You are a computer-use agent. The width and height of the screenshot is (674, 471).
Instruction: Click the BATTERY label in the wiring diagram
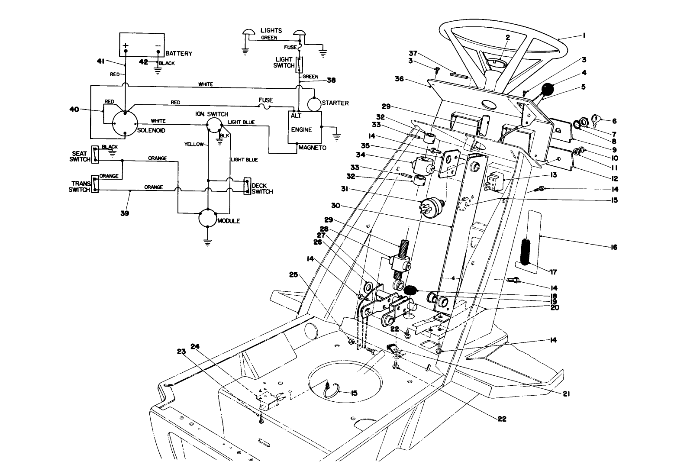click(x=179, y=54)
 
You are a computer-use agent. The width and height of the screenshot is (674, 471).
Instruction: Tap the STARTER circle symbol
click(x=314, y=103)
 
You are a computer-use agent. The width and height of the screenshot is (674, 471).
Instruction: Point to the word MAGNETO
click(x=312, y=148)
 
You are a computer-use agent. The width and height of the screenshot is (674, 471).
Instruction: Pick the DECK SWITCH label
click(x=262, y=188)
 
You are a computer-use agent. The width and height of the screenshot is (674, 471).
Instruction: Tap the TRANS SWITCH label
click(x=79, y=187)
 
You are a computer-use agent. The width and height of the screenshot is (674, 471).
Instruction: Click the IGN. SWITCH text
click(x=212, y=114)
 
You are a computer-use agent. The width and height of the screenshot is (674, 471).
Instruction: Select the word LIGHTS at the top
click(x=271, y=30)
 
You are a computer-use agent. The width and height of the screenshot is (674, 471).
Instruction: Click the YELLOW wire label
click(x=193, y=144)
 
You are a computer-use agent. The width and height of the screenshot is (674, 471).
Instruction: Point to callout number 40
click(x=75, y=109)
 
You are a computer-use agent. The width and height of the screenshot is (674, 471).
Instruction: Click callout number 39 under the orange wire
click(x=125, y=213)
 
